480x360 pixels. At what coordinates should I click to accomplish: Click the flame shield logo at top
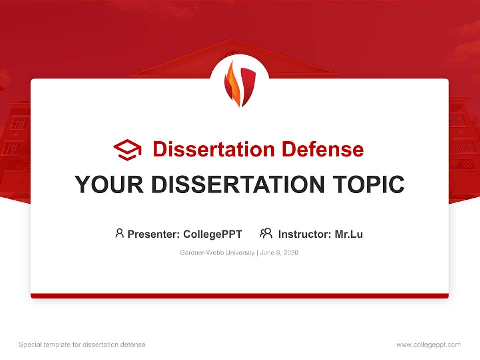point(240,83)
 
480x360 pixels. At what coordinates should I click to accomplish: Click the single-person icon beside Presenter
point(119,233)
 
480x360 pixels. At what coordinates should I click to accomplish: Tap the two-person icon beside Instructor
point(266,233)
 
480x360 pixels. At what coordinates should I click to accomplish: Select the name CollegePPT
point(213,234)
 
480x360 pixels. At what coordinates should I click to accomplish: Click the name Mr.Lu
point(349,234)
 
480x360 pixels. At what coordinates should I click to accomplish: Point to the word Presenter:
point(154,234)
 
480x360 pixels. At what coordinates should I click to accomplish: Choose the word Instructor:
point(305,234)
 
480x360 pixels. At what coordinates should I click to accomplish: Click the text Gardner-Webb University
point(217,253)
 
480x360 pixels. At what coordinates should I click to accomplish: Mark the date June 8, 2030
point(279,253)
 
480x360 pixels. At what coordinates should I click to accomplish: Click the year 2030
point(290,253)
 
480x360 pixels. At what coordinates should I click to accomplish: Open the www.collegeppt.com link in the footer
point(428,345)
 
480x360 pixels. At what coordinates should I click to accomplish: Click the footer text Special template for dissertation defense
point(82,345)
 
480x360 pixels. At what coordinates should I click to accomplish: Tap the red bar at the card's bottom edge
point(240,296)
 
